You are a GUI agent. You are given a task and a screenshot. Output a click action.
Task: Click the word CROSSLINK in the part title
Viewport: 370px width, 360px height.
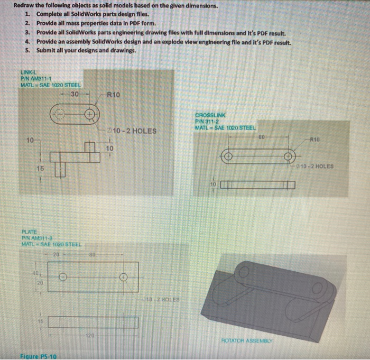pyautogui.click(x=210, y=115)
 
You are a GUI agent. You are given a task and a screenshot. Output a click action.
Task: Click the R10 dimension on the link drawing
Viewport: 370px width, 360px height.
pyautogui.click(x=113, y=95)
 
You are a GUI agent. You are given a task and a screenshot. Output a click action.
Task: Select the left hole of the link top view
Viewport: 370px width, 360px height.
pyautogui.click(x=60, y=114)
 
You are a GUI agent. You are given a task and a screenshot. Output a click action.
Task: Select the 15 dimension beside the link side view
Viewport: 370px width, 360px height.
pyautogui.click(x=40, y=168)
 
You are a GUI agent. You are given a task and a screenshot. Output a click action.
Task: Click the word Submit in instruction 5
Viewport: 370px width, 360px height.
pyautogui.click(x=48, y=50)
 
